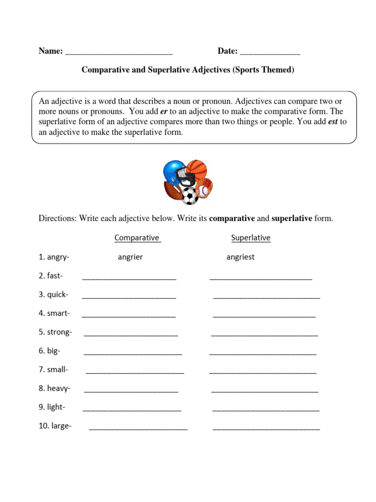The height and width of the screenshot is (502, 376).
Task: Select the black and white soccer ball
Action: [x=190, y=196]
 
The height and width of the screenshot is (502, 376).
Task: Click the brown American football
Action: [x=172, y=191]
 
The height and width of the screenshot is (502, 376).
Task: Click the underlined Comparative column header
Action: [x=137, y=238]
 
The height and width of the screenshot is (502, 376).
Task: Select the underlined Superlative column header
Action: [x=251, y=238]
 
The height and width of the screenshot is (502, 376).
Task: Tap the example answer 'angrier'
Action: [x=130, y=257]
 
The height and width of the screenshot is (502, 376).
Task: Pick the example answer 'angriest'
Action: [x=240, y=257]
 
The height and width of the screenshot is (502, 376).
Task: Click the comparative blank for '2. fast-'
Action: [x=129, y=277]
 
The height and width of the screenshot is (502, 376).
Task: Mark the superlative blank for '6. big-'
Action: [x=263, y=353]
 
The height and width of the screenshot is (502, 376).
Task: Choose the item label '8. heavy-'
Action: [x=55, y=388]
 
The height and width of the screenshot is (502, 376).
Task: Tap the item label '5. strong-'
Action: [x=55, y=332]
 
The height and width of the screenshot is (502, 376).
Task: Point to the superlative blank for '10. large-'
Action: [x=266, y=427]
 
